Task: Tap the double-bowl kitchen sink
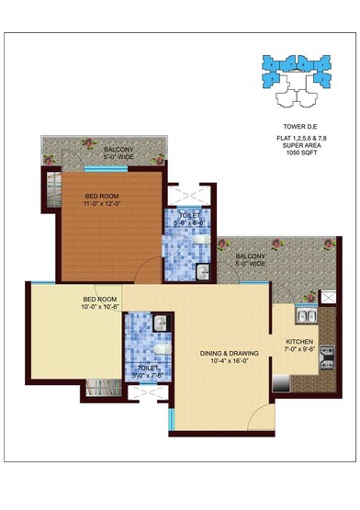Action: coord(306,318)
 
